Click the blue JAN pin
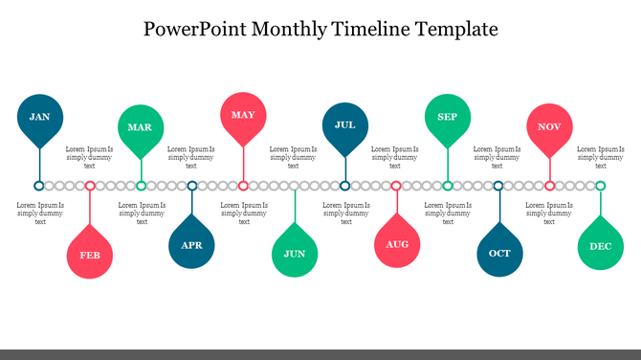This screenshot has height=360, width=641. click(39, 117)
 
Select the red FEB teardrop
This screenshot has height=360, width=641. click(90, 255)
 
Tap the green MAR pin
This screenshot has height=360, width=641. click(141, 127)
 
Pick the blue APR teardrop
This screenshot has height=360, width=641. click(192, 245)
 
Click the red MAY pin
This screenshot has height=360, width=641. click(243, 116)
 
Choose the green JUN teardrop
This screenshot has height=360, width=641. click(295, 254)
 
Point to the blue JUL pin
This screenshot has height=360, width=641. click(345, 124)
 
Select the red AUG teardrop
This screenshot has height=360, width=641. click(397, 245)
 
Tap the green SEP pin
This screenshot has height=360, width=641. click(447, 117)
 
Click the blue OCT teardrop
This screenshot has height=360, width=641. click(499, 254)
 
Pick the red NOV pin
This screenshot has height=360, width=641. click(549, 127)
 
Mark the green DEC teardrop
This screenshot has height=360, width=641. click(601, 247)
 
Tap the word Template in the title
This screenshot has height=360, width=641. click(453, 29)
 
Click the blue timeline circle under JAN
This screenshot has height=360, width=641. click(39, 186)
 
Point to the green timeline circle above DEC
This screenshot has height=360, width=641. click(601, 186)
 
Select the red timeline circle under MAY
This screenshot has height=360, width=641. click(243, 186)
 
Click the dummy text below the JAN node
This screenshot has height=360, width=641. click(40, 214)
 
